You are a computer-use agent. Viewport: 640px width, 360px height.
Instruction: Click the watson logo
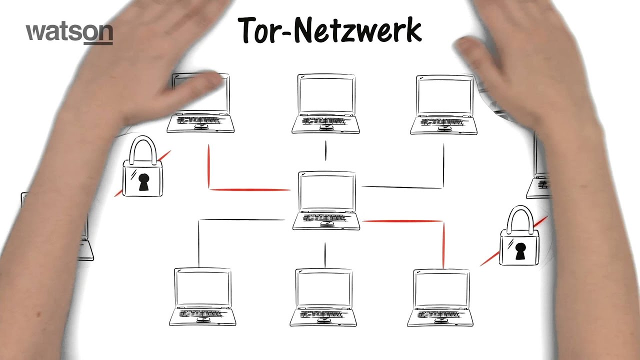click(x=69, y=32)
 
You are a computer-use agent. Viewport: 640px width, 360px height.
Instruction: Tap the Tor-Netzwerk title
click(x=330, y=30)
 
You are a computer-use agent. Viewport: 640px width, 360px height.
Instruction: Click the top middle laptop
click(x=325, y=104)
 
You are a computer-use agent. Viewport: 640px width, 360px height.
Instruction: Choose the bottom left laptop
click(x=202, y=297)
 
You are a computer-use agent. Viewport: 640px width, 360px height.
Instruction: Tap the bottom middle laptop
click(x=323, y=297)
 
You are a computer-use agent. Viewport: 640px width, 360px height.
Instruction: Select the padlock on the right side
click(x=519, y=237)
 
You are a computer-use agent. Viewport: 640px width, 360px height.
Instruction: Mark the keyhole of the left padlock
click(x=143, y=181)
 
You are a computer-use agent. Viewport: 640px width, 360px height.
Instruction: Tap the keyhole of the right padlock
click(x=520, y=250)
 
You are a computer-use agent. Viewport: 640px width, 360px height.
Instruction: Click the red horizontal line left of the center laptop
click(x=250, y=190)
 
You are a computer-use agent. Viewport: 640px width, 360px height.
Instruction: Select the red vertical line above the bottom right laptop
click(x=443, y=245)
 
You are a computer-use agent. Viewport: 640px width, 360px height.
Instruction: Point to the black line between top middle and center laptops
click(x=325, y=150)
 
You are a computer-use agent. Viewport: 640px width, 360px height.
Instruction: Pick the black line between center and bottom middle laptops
click(x=325, y=255)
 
